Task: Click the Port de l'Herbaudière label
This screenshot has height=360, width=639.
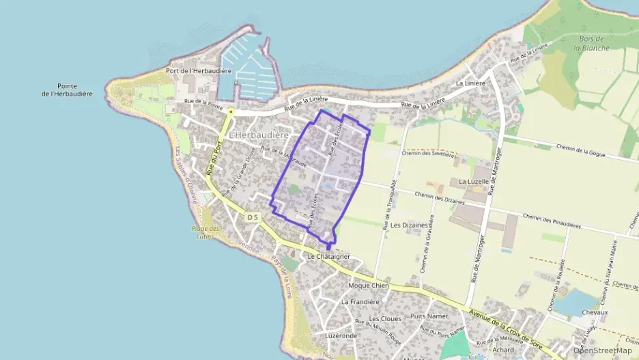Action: [199, 71]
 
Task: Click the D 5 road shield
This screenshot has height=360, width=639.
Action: [253, 217]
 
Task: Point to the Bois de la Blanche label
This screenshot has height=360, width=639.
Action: [586, 44]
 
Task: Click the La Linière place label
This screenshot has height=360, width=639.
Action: [470, 83]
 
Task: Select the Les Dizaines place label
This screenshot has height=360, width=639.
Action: [409, 224]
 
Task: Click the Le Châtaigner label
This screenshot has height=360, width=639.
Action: [329, 256]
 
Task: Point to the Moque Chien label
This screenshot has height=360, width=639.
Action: [369, 285]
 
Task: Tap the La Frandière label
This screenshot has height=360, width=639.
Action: [359, 301]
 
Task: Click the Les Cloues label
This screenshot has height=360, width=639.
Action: [385, 319]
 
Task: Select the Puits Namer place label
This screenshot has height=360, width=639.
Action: [429, 316]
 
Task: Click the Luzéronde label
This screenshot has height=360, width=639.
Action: [341, 336]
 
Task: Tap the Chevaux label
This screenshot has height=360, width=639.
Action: [595, 312]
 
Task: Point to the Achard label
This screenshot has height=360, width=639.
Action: [503, 350]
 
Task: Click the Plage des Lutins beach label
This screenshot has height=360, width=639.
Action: [205, 232]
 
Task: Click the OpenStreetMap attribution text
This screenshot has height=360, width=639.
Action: [602, 350]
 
